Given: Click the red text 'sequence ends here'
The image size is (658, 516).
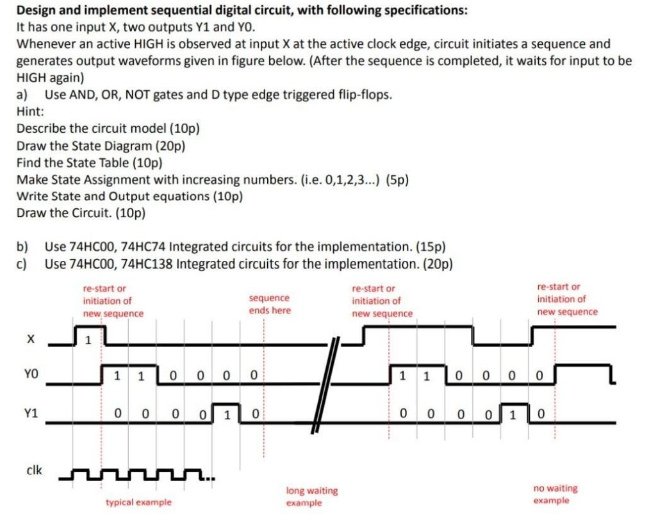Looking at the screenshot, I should pyautogui.click(x=269, y=304).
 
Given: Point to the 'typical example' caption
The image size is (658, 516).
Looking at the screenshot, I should pyautogui.click(x=138, y=502).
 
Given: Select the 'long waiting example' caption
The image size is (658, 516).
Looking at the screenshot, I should pyautogui.click(x=311, y=496).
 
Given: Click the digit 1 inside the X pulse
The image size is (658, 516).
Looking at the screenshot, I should pyautogui.click(x=89, y=340).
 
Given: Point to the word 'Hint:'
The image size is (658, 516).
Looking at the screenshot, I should pyautogui.click(x=29, y=111).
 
